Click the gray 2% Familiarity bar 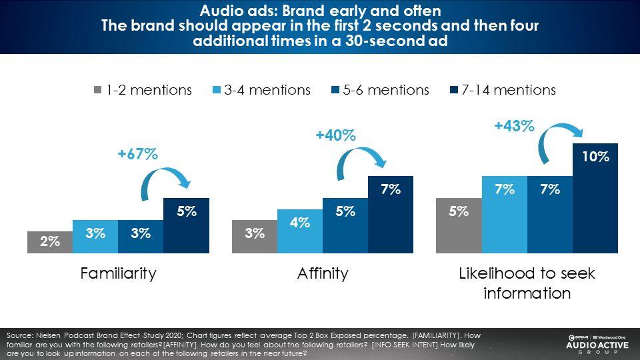coord(50,243)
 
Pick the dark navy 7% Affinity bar coord(391,215)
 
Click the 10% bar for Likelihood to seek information coord(595,198)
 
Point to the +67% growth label coord(137,155)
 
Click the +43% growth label coord(514,125)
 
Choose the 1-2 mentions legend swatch coord(97,90)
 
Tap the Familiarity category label coord(118,273)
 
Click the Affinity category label coord(323,273)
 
